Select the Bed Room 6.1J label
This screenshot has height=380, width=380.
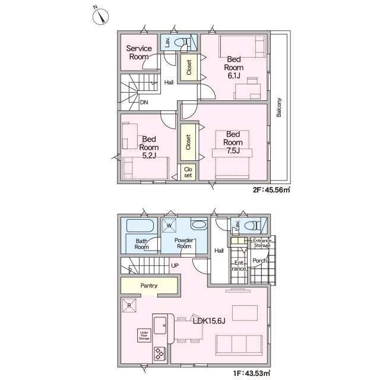click(233, 67)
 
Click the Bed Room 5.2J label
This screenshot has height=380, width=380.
click(149, 147)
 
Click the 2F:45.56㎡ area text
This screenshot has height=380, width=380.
click(271, 191)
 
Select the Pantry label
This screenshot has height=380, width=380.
click(149, 286)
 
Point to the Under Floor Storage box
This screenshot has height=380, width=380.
click(142, 335)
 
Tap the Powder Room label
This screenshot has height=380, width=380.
click(184, 242)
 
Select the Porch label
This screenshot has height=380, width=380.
click(259, 260)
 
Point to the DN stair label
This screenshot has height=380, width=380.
click(144, 102)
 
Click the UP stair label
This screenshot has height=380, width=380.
click(175, 265)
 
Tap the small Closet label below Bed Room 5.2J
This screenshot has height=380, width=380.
click(188, 172)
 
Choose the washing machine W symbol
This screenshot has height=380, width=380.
click(170, 226)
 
